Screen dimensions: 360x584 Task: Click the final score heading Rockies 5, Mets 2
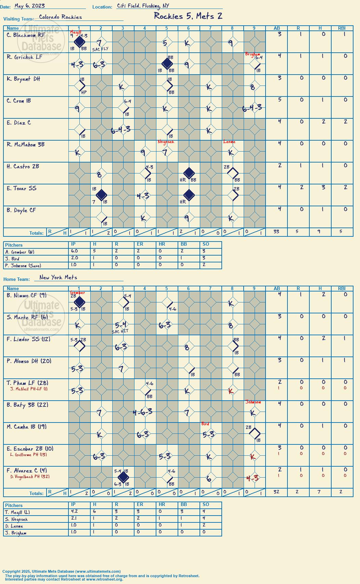(188, 16)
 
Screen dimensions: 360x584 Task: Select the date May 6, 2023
(29, 6)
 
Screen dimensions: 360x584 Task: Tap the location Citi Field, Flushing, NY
(143, 6)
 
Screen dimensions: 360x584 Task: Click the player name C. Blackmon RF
(26, 35)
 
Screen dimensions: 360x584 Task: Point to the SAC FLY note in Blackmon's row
(100, 49)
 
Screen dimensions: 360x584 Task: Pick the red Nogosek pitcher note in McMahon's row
(166, 142)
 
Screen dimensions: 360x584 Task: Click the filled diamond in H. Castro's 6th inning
(189, 173)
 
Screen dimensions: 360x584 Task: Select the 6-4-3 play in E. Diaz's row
(120, 130)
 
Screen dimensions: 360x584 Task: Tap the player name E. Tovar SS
(22, 189)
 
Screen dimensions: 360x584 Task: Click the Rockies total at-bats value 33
(276, 232)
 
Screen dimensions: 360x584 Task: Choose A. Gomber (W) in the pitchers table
(20, 252)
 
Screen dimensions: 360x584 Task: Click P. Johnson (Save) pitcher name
(23, 266)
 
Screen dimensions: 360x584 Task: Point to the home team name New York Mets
(58, 277)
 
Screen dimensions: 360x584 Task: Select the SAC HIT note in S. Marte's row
(120, 332)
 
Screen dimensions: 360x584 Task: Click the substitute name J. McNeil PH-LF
(29, 389)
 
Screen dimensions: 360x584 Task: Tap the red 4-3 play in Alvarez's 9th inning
(253, 478)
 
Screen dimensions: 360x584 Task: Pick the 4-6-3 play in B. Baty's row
(142, 412)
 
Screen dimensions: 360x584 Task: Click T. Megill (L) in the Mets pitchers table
(18, 512)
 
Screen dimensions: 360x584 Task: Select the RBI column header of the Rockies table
(342, 28)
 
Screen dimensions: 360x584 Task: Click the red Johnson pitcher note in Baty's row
(253, 402)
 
